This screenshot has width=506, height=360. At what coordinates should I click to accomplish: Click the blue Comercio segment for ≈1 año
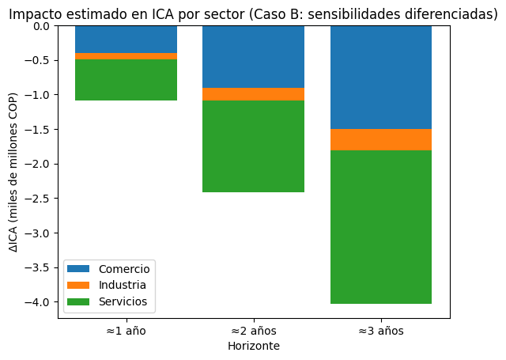click(126, 39)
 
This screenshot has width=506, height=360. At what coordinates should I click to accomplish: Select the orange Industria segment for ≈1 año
click(126, 56)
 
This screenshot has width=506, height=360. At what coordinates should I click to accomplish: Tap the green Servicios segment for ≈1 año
click(126, 80)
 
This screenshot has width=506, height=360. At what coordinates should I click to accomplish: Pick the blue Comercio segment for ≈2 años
click(253, 56)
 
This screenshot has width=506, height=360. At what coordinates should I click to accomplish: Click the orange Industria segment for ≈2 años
click(253, 94)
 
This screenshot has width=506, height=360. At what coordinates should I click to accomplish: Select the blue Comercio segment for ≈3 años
click(380, 77)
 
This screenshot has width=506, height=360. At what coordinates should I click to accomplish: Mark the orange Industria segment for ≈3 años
click(380, 139)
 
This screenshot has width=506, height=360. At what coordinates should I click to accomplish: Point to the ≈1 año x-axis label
click(126, 331)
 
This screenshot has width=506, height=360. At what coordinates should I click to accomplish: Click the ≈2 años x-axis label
click(253, 331)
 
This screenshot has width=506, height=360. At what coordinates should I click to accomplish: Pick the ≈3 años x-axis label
click(380, 331)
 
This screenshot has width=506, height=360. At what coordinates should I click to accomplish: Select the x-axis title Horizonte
click(253, 346)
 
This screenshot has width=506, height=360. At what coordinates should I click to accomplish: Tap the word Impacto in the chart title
click(32, 13)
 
